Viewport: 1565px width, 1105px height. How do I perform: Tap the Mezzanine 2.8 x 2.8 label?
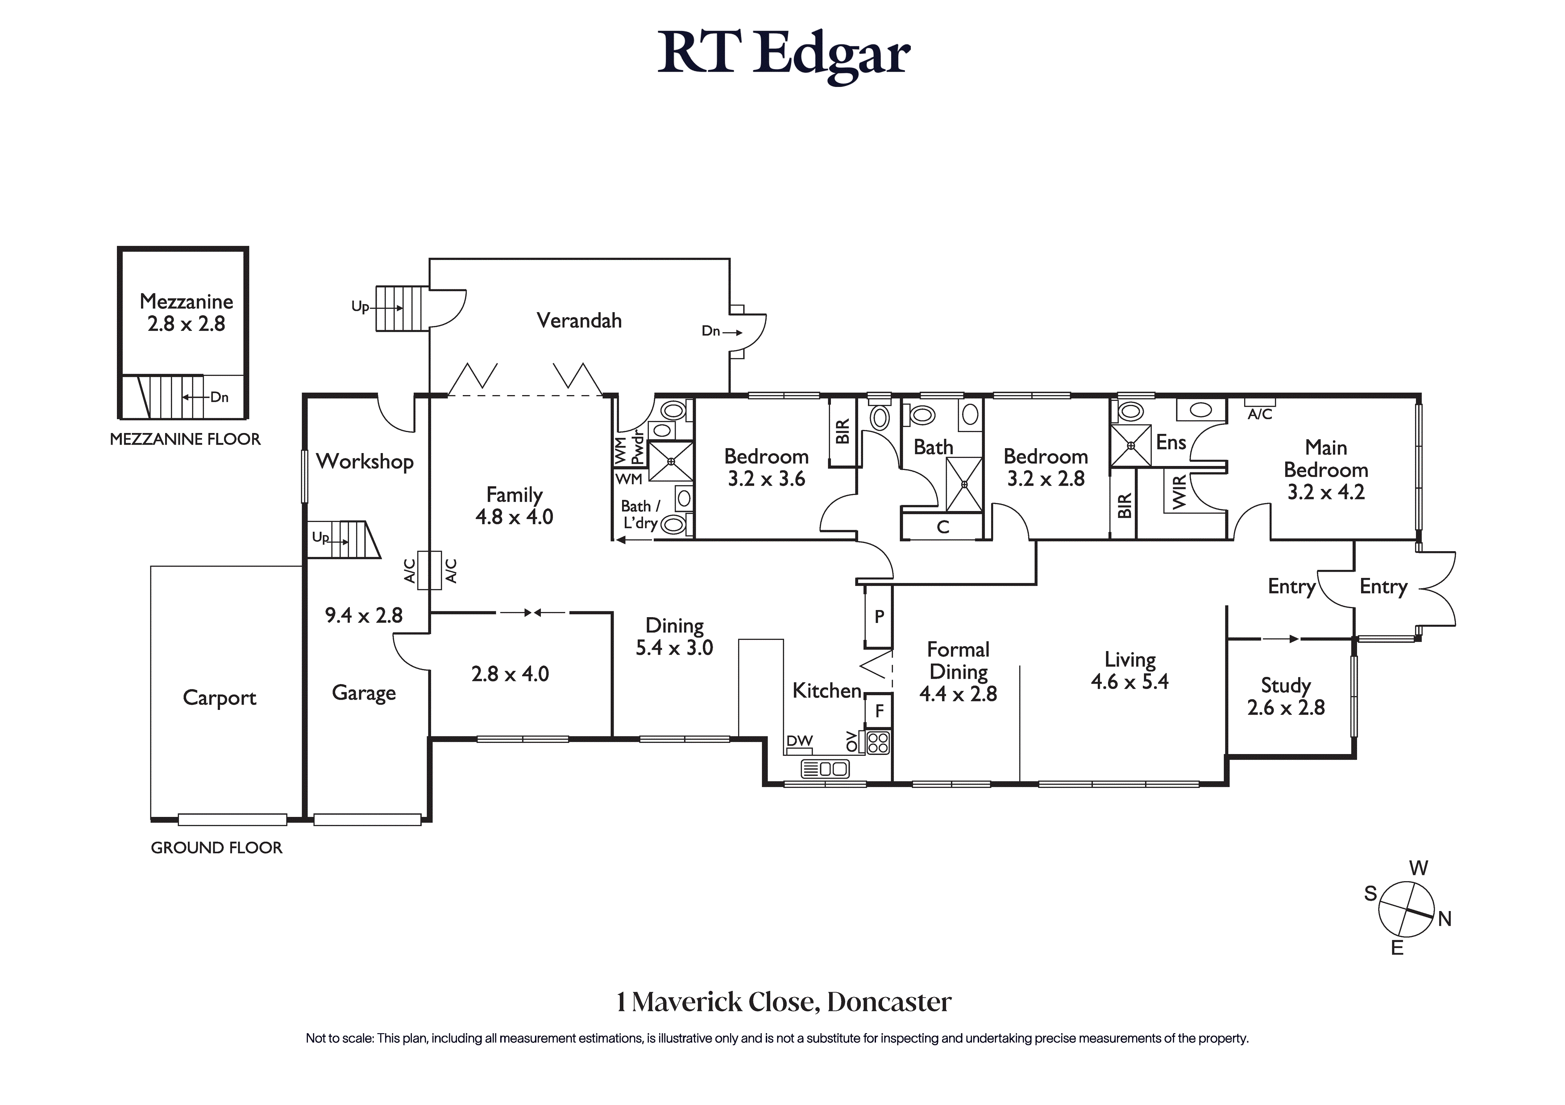click(x=186, y=313)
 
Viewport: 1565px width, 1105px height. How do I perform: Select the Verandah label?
click(x=579, y=321)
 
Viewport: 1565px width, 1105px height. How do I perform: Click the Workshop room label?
click(x=365, y=462)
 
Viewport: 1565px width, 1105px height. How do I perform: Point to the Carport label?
click(x=220, y=698)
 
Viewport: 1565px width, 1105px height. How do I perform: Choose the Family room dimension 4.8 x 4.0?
click(x=514, y=517)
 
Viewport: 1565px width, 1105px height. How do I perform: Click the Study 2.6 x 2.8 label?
click(x=1286, y=696)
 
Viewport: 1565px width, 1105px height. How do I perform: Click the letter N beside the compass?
click(x=1445, y=919)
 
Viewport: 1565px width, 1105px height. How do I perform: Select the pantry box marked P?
click(x=879, y=617)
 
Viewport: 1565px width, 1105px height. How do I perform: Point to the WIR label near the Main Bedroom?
click(x=1179, y=492)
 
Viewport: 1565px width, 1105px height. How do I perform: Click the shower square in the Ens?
click(x=1131, y=445)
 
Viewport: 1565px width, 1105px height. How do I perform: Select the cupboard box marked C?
click(x=942, y=527)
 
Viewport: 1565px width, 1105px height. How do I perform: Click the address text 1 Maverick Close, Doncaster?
click(x=783, y=1002)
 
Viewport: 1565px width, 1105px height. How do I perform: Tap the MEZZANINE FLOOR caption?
click(x=185, y=439)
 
